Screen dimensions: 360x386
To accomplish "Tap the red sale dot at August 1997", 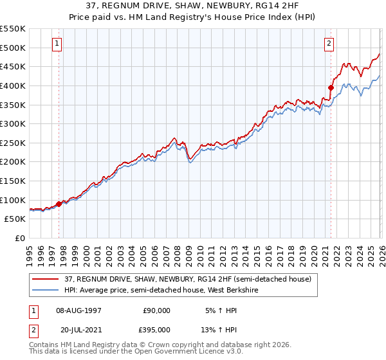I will coord(59,204).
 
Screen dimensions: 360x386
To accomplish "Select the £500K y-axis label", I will coord(14,48).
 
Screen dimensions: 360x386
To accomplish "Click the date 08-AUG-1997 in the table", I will coord(79,310).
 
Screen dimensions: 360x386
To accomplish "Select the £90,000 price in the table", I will coord(155,310).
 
